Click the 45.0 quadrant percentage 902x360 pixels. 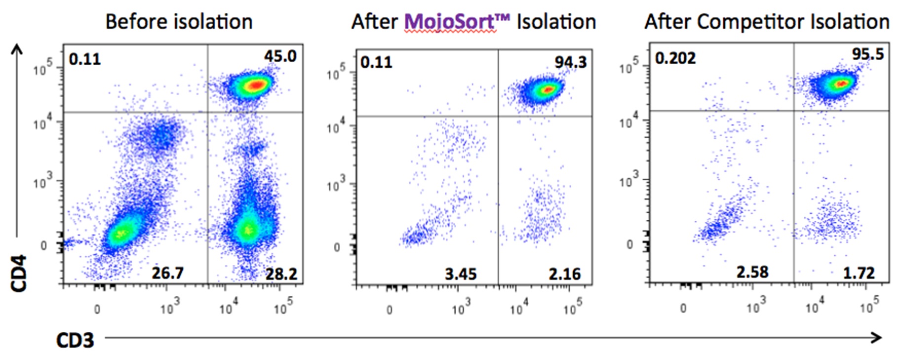[x=280, y=56]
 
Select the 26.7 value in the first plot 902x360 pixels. [x=167, y=273]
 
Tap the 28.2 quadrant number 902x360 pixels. [x=281, y=274]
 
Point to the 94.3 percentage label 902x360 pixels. [x=570, y=62]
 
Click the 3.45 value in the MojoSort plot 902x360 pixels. [x=460, y=274]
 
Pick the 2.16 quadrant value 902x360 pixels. [x=564, y=274]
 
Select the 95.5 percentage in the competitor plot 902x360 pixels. [x=867, y=54]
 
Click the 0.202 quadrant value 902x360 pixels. [x=675, y=58]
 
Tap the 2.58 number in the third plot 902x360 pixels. [x=752, y=272]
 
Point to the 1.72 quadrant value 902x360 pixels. [x=859, y=273]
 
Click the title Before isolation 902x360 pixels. [x=179, y=22]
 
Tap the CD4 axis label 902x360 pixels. [x=19, y=273]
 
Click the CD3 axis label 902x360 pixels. [x=75, y=340]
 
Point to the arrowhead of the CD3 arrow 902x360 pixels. [x=877, y=338]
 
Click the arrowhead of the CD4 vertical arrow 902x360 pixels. [x=17, y=48]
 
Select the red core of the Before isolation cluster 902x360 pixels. [x=256, y=85]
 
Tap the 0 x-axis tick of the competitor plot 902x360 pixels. [x=683, y=309]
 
